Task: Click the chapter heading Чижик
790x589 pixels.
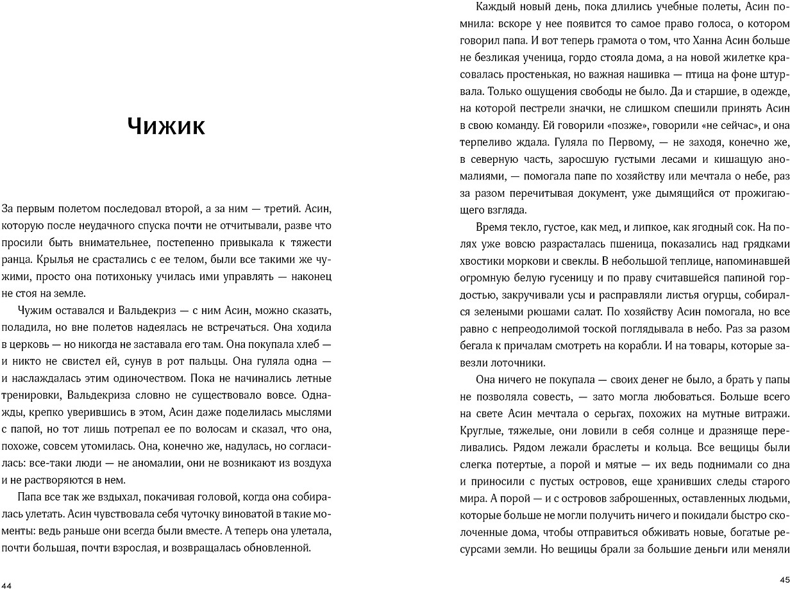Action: coord(166,126)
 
